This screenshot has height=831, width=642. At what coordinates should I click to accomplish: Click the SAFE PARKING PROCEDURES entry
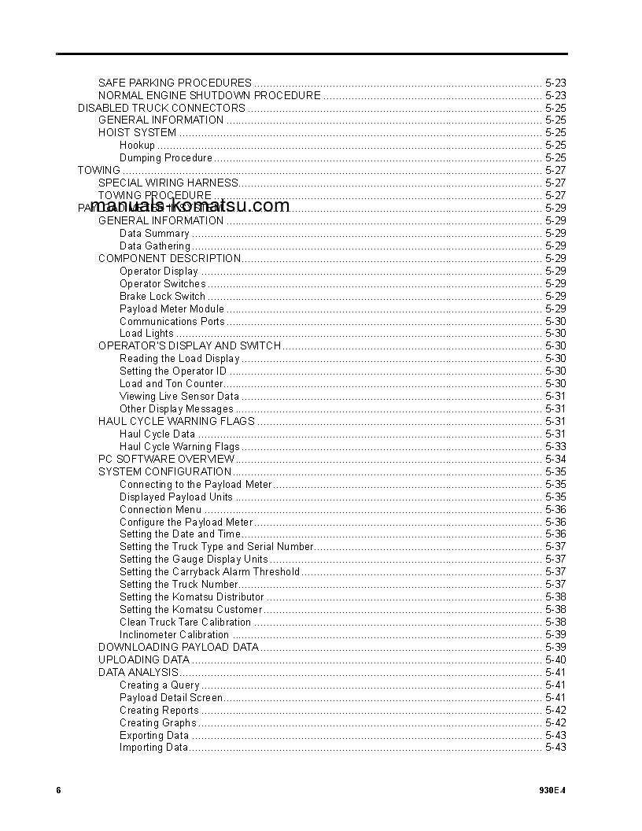pos(175,83)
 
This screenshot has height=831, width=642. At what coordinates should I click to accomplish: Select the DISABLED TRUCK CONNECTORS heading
pos(161,108)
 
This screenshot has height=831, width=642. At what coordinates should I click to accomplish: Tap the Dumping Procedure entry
pos(166,158)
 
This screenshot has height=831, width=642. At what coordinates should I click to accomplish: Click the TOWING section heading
pos(99,171)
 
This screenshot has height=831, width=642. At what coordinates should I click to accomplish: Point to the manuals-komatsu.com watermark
pos(190,206)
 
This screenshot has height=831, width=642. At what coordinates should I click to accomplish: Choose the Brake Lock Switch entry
pos(162,297)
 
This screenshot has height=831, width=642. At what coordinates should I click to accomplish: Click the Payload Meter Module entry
pos(172,309)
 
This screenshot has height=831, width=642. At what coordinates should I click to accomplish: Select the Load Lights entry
pos(146,334)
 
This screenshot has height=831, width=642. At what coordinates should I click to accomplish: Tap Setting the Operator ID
pos(173,371)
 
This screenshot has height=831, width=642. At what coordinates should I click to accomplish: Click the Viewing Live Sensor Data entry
pos(179,397)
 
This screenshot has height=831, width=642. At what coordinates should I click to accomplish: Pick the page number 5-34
pos(555,460)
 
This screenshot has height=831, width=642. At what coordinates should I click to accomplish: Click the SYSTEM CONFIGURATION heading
pos(164,472)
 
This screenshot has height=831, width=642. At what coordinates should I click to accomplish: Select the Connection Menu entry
pos(160,510)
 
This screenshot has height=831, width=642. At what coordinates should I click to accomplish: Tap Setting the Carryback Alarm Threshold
pos(209,572)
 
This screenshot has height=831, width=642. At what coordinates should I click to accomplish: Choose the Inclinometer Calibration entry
pos(174,635)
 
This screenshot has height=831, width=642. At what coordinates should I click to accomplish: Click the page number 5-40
pos(555,660)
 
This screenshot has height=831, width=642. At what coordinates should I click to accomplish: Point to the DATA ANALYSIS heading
pos(138,673)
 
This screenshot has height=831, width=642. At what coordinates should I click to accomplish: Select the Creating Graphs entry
pos(157,723)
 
